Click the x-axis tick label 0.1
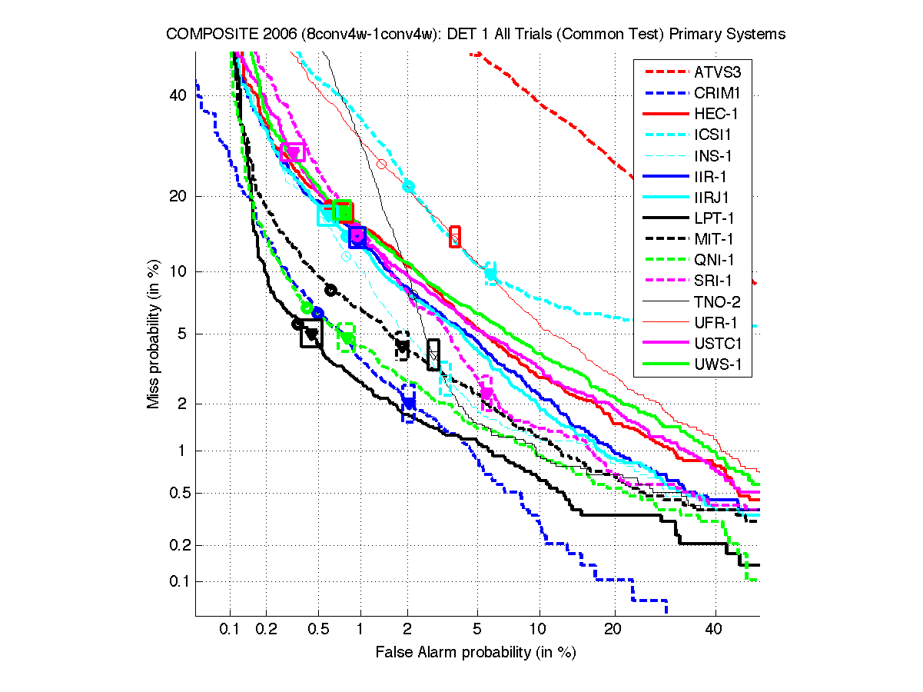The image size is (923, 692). point(230,629)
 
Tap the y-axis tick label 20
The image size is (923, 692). point(178,196)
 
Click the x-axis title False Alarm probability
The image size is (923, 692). point(475,653)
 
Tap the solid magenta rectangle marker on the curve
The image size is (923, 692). point(293,152)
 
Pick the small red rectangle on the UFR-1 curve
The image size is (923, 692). point(454,237)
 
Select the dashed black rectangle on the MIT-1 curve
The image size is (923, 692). point(402,346)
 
